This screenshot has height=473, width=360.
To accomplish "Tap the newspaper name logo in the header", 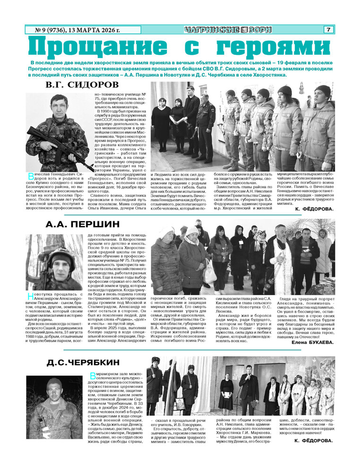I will coord(228,30).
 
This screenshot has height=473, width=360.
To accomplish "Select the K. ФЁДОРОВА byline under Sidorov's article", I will coord(314,209).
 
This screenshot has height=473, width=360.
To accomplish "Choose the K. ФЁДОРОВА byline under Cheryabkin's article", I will coord(313,440).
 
